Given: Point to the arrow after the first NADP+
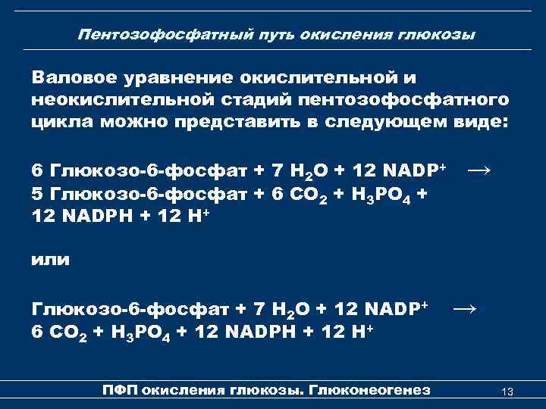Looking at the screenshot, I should coord(479,169).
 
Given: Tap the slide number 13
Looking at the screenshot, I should coord(508,391).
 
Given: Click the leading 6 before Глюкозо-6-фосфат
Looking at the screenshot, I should coord(37,169).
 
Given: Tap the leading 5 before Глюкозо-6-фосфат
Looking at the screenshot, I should coord(37,192).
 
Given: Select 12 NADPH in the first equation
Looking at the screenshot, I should coord(83,217).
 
